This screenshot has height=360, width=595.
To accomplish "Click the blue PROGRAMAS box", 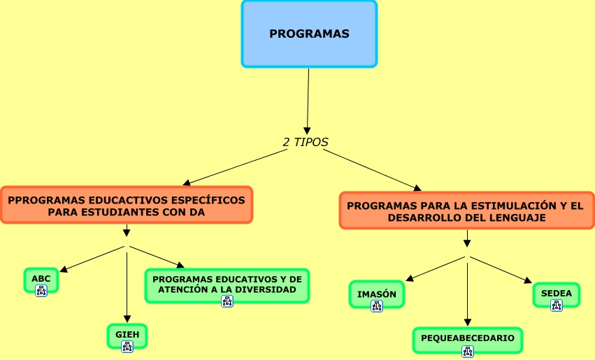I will (309, 34).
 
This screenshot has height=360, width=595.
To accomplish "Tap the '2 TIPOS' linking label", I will (306, 142).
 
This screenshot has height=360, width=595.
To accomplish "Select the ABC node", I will (41, 278).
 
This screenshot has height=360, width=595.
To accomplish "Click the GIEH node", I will (127, 334).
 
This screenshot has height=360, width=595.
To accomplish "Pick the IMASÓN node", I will (377, 294).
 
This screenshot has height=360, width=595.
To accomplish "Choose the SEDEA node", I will (557, 294).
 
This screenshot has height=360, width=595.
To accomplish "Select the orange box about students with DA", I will (127, 205).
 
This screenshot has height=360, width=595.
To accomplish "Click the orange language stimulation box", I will (465, 211).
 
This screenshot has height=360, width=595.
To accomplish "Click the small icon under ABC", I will (41, 290).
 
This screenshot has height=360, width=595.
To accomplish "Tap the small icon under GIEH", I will (127, 346).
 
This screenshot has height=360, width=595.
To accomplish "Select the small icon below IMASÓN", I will (377, 305).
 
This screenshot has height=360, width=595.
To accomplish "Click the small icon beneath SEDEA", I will (557, 305).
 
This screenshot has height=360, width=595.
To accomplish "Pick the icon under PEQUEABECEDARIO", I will (467, 351).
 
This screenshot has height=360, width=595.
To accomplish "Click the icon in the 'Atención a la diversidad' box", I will (227, 301).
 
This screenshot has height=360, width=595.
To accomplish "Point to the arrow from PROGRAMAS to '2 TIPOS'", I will (308, 98).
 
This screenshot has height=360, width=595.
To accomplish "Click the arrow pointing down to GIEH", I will (127, 287).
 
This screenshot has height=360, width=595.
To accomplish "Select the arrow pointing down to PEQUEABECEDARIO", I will (467, 290).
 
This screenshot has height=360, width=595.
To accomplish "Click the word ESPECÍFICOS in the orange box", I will (206, 200).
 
